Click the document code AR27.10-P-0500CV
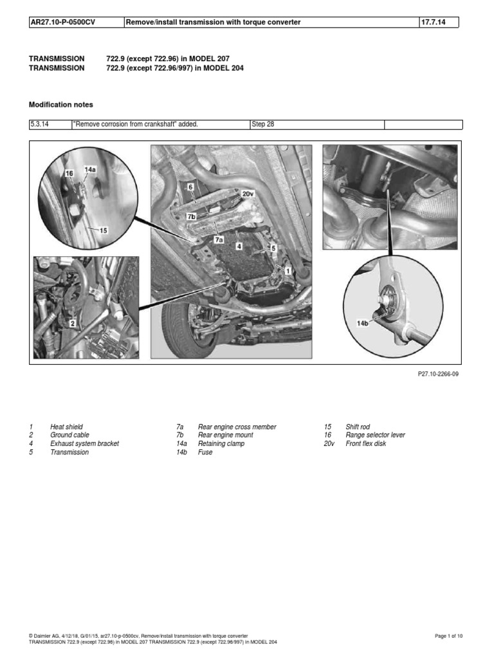tap(59, 23)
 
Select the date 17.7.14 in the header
tap(432, 23)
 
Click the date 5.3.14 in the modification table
tap(39, 124)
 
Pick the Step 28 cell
tap(262, 124)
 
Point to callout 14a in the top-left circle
tap(90, 171)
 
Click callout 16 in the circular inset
tap(69, 174)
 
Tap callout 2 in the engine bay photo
tap(72, 323)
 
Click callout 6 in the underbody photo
tap(190, 186)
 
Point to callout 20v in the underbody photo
tap(248, 192)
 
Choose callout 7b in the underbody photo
tap(190, 217)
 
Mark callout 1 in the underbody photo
tap(288, 272)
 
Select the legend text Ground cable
tap(69, 435)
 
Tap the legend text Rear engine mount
tap(225, 435)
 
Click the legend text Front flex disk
tap(365, 443)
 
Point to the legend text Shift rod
tap(358, 427)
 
